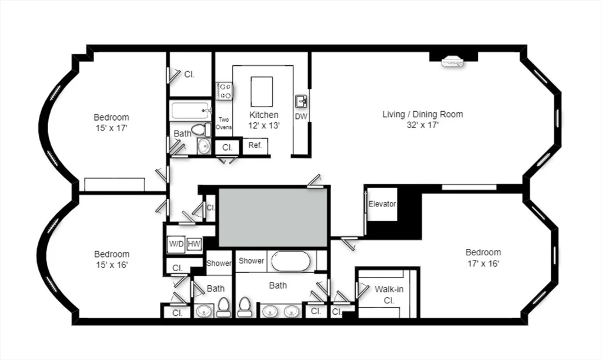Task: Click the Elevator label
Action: tap(382, 204)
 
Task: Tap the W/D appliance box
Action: tap(176, 244)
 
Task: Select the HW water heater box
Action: tap(194, 244)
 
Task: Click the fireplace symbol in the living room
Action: tap(453, 62)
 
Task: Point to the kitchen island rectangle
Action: tap(262, 91)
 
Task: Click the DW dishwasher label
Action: tap(301, 116)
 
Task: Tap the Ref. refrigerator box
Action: tap(255, 146)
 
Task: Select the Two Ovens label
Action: tap(223, 123)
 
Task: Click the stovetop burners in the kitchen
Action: tap(224, 91)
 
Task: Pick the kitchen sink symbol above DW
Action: tap(301, 102)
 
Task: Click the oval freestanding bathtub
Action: tap(290, 261)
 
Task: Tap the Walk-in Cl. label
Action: tap(389, 295)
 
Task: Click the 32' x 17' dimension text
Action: tap(423, 125)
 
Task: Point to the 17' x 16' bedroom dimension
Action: tap(483, 264)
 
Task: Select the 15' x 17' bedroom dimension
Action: tap(111, 128)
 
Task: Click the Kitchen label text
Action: tap(264, 115)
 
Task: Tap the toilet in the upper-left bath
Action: tap(201, 129)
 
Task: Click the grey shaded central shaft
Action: tap(273, 217)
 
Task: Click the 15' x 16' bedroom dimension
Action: tap(111, 265)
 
